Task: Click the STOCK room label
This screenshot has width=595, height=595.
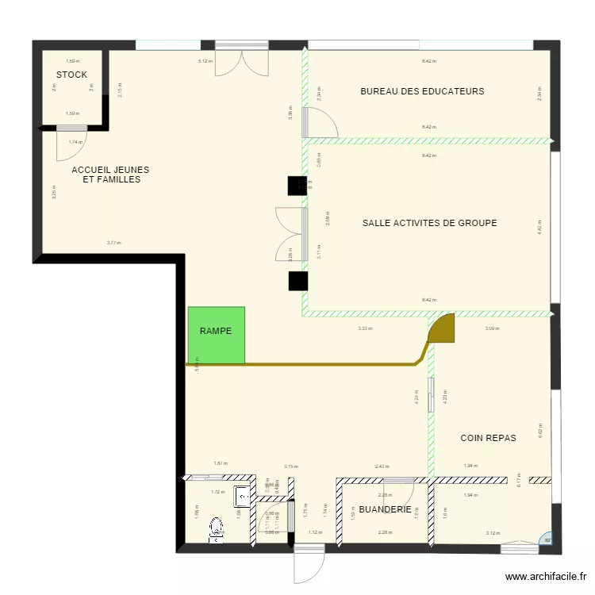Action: pyautogui.click(x=71, y=75)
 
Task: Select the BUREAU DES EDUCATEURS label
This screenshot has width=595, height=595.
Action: pyautogui.click(x=422, y=91)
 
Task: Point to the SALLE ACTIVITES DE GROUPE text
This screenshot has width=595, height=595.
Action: pyautogui.click(x=429, y=223)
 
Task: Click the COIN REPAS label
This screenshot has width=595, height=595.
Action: pyautogui.click(x=488, y=438)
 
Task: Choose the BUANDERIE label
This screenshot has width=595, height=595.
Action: pyautogui.click(x=385, y=509)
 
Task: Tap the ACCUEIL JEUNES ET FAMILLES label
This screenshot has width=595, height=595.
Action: pyautogui.click(x=110, y=175)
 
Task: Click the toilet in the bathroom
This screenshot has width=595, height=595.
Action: pyautogui.click(x=215, y=529)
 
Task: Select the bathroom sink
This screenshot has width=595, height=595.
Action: pyautogui.click(x=242, y=497)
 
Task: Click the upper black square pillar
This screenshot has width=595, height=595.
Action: pyautogui.click(x=297, y=185)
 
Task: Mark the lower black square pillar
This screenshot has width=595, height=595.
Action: pyautogui.click(x=297, y=282)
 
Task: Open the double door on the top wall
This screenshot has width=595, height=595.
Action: pyautogui.click(x=243, y=59)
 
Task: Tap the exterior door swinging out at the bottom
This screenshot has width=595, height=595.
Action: pyautogui.click(x=308, y=564)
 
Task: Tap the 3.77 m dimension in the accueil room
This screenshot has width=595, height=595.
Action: pyautogui.click(x=114, y=243)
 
